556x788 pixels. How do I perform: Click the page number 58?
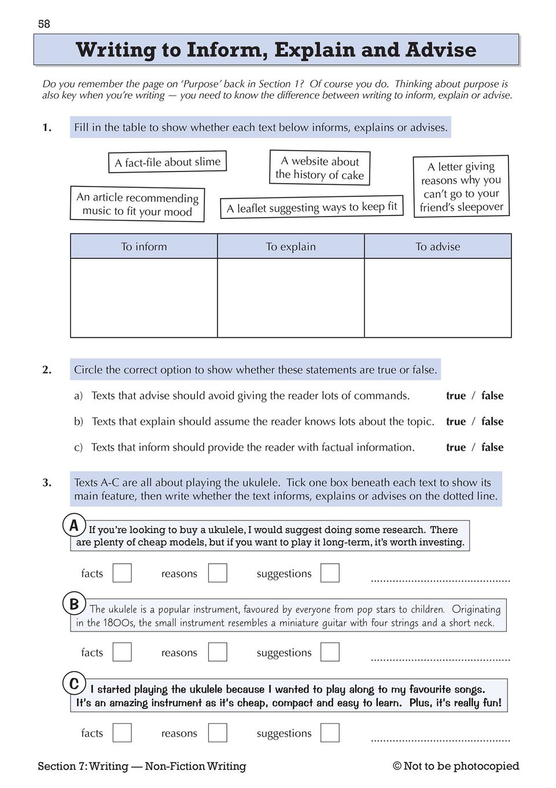(44, 24)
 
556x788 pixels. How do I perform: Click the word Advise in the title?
(441, 50)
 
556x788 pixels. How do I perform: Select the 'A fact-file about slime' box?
(167, 162)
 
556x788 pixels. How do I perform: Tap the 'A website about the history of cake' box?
(319, 168)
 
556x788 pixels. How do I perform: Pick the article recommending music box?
(137, 204)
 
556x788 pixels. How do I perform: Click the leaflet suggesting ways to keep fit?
(311, 207)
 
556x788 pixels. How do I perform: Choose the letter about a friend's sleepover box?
(461, 187)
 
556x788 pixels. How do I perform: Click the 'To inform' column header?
(144, 246)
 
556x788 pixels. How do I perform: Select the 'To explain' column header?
(290, 246)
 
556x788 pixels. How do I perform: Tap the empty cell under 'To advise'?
(438, 297)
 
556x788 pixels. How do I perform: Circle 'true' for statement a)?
(456, 396)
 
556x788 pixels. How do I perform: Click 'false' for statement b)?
(492, 421)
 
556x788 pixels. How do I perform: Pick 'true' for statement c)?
(456, 447)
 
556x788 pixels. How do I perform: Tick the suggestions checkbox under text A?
(330, 573)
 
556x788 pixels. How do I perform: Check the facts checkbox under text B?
(122, 652)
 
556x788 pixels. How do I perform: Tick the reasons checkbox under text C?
(218, 733)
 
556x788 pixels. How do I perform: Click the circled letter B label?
(74, 604)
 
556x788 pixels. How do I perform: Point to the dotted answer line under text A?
(440, 579)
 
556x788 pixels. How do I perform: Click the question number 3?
(47, 482)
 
